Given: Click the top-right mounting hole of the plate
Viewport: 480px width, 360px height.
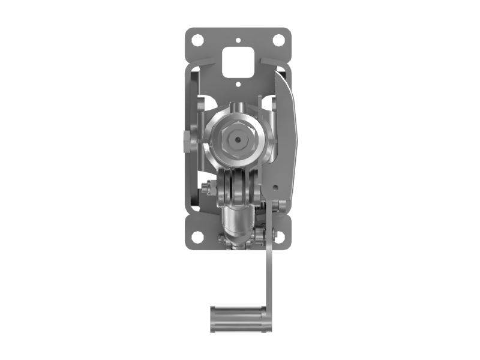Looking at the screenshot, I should point(278,40).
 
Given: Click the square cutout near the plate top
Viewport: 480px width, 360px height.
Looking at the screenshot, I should point(238,62).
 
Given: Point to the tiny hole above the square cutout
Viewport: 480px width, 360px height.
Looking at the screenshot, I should point(238,41).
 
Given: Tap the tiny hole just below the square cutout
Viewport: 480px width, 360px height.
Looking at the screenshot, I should point(238,85).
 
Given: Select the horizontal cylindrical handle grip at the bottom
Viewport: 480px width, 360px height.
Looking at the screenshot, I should point(238,319).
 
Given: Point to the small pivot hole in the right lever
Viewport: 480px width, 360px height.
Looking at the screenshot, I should point(275,187).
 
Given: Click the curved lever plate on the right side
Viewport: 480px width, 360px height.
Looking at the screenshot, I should point(286,138).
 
